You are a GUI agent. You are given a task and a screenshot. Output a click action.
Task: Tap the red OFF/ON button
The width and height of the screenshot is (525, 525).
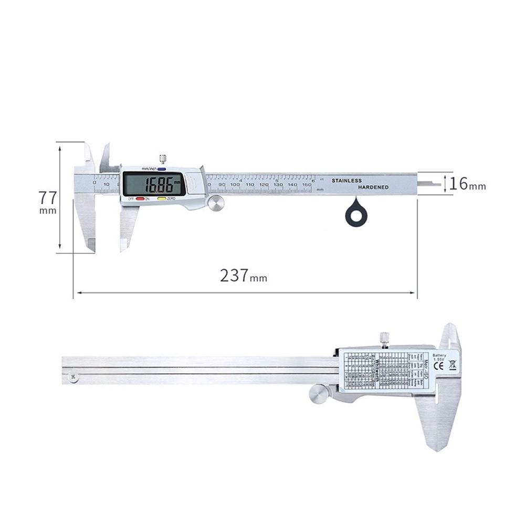click(x=140, y=198)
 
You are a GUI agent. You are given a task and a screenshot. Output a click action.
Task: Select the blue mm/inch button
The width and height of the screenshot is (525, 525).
click(x=161, y=169)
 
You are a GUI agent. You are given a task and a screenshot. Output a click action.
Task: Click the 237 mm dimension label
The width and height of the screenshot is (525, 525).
click(x=243, y=276)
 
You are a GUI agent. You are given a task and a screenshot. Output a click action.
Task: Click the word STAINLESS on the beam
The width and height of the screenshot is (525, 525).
click(x=346, y=181)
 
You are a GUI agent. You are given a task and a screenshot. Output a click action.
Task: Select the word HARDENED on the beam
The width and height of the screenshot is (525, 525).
click(x=373, y=187)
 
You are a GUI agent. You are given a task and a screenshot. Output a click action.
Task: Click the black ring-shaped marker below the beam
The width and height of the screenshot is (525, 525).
click(x=356, y=215)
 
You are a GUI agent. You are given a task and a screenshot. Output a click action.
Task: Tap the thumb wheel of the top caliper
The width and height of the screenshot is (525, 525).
click(x=215, y=203)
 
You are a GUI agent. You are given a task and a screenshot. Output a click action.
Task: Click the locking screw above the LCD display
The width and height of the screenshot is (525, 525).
click(x=163, y=158)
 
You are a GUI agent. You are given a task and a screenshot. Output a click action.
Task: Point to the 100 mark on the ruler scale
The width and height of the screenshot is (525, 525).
click(x=235, y=185)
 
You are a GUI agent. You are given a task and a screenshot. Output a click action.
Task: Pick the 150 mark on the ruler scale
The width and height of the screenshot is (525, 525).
click(x=306, y=185)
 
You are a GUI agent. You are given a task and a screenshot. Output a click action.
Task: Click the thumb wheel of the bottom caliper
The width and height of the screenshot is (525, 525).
click(x=318, y=394)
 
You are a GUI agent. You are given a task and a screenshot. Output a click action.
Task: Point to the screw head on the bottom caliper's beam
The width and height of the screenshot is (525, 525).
click(x=73, y=376)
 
